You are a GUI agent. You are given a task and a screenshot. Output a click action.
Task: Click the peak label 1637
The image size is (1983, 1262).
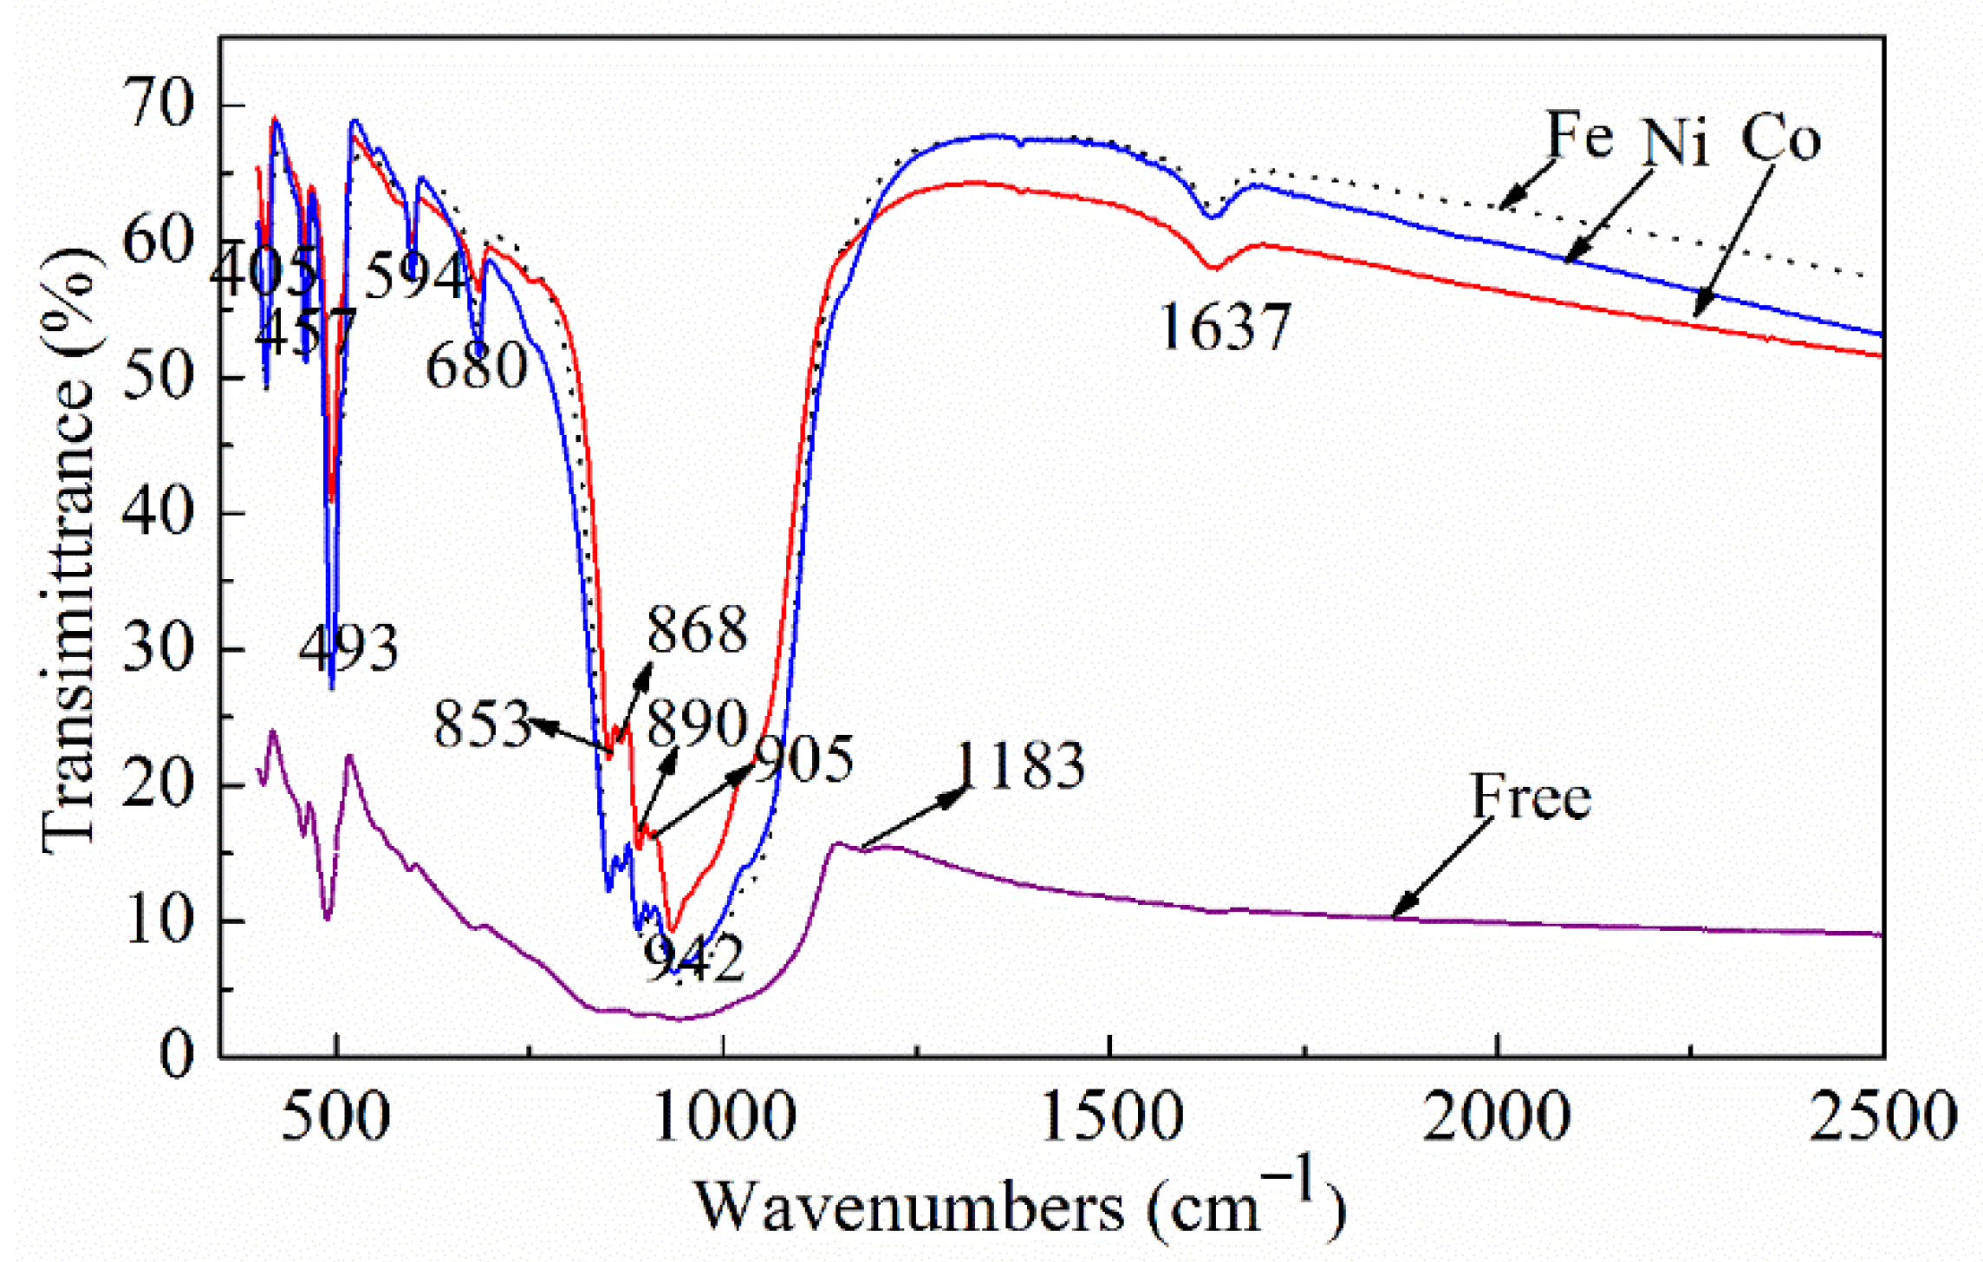tap(1224, 328)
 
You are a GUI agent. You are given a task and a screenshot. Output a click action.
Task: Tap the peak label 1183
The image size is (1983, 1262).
tap(1021, 766)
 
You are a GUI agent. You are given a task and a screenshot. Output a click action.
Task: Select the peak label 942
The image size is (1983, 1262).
tap(694, 959)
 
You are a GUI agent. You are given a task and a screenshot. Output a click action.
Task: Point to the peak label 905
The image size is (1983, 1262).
tap(803, 760)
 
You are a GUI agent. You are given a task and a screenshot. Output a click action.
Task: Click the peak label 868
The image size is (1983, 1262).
tap(697, 629)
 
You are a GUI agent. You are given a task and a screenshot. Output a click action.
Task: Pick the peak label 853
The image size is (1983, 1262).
tap(482, 724)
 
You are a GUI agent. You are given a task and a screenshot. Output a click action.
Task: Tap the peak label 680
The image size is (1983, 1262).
tap(476, 366)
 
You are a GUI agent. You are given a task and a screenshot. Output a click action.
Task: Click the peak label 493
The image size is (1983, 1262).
tap(348, 648)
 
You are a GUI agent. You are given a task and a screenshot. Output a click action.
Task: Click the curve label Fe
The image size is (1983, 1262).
tap(1580, 135)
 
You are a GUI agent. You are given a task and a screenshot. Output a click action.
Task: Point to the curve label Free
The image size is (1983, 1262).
tap(1531, 797)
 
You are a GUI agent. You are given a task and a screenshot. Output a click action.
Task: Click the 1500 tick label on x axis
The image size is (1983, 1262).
tap(1110, 1117)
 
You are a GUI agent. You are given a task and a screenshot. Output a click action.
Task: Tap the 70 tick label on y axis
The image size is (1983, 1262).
tap(158, 107)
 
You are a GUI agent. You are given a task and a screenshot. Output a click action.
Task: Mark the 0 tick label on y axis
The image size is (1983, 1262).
tap(177, 1056)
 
